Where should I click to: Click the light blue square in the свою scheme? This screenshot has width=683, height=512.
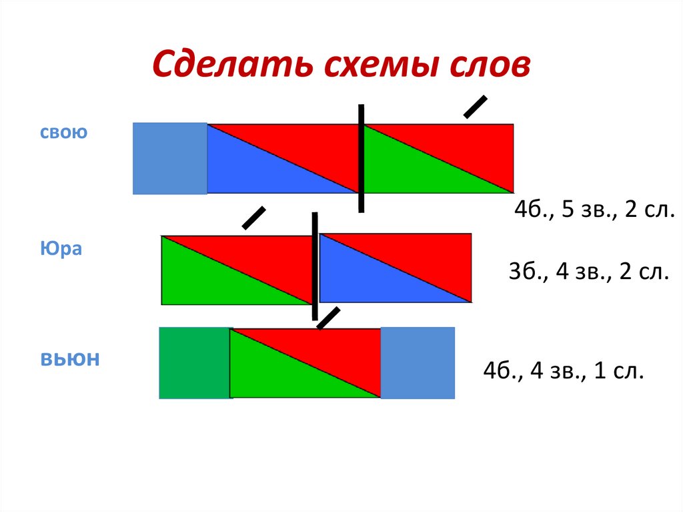point(170,158)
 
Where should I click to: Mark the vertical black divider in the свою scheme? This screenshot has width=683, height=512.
point(361,158)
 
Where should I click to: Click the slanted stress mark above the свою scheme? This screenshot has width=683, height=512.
point(475,107)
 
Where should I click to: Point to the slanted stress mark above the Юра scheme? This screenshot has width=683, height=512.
point(253,218)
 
